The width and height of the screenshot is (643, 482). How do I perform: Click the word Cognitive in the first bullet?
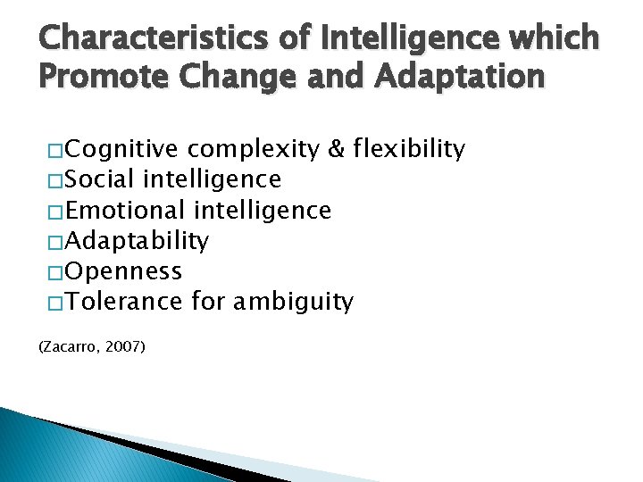pyautogui.click(x=121, y=149)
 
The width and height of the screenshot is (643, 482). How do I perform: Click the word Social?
pyautogui.click(x=100, y=179)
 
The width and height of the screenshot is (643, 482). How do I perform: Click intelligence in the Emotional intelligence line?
pyautogui.click(x=262, y=211)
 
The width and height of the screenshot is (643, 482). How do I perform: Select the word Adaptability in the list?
pyautogui.click(x=137, y=241)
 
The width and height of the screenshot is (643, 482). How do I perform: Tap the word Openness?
pyautogui.click(x=123, y=271)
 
